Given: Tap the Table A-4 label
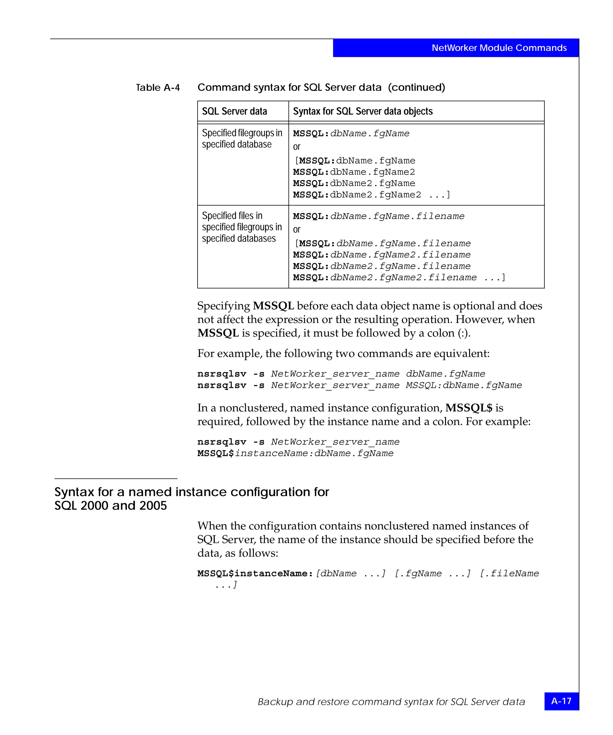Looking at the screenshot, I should [158, 88].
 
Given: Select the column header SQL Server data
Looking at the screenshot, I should [234, 111].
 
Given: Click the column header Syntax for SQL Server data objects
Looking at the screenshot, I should [362, 111].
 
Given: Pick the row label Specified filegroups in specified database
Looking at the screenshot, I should [242, 139].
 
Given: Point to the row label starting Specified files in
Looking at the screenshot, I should [242, 227].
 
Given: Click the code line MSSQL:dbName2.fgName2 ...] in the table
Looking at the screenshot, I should [371, 195].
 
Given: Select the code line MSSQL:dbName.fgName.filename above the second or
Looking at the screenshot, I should [378, 216].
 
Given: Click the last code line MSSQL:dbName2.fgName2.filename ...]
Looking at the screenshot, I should [399, 277].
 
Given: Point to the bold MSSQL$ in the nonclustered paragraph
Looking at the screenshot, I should [469, 408].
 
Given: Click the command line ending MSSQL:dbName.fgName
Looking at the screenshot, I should [359, 385].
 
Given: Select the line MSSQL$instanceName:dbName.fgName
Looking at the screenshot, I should [295, 453].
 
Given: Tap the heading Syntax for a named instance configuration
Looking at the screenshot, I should [192, 492].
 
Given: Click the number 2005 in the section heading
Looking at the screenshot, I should [153, 506].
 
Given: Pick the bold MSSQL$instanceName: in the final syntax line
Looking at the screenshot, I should [255, 574].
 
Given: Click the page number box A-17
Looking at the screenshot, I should [561, 701].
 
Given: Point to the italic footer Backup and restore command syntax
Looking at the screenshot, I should [391, 702].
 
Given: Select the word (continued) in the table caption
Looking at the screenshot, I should [416, 88].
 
